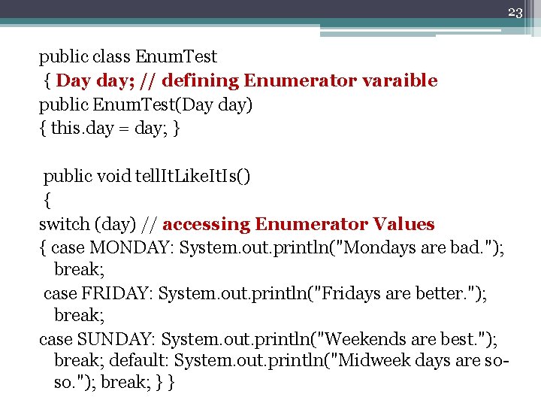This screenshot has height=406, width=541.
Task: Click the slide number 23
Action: click(x=515, y=12)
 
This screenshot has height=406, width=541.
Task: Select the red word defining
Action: click(x=198, y=80)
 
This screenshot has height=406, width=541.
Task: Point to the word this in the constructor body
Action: click(x=65, y=128)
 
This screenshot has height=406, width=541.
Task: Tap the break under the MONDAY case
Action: click(x=77, y=269)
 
